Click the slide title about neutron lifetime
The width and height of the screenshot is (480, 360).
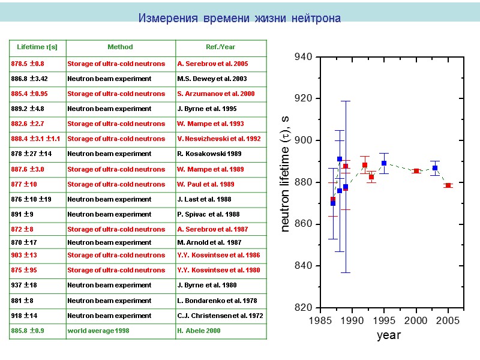[x=239, y=19]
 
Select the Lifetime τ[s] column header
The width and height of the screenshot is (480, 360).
[x=37, y=47]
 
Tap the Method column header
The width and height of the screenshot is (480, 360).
[x=120, y=47]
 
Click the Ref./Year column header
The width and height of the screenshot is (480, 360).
[x=221, y=47]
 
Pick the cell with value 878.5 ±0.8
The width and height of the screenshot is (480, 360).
[x=28, y=64]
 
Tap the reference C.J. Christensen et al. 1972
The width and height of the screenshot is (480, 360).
[x=220, y=315]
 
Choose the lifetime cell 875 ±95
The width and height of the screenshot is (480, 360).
[x=24, y=270]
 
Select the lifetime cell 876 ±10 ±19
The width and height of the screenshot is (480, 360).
[x=30, y=199]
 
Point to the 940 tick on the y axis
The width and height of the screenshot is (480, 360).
[x=303, y=57]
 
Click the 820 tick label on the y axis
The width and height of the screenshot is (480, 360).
[x=303, y=308]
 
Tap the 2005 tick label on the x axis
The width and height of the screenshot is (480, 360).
[x=448, y=321]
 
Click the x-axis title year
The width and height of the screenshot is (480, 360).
[x=389, y=335]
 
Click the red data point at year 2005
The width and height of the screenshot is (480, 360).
[x=448, y=185]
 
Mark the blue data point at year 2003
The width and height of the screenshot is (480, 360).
[x=435, y=168]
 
